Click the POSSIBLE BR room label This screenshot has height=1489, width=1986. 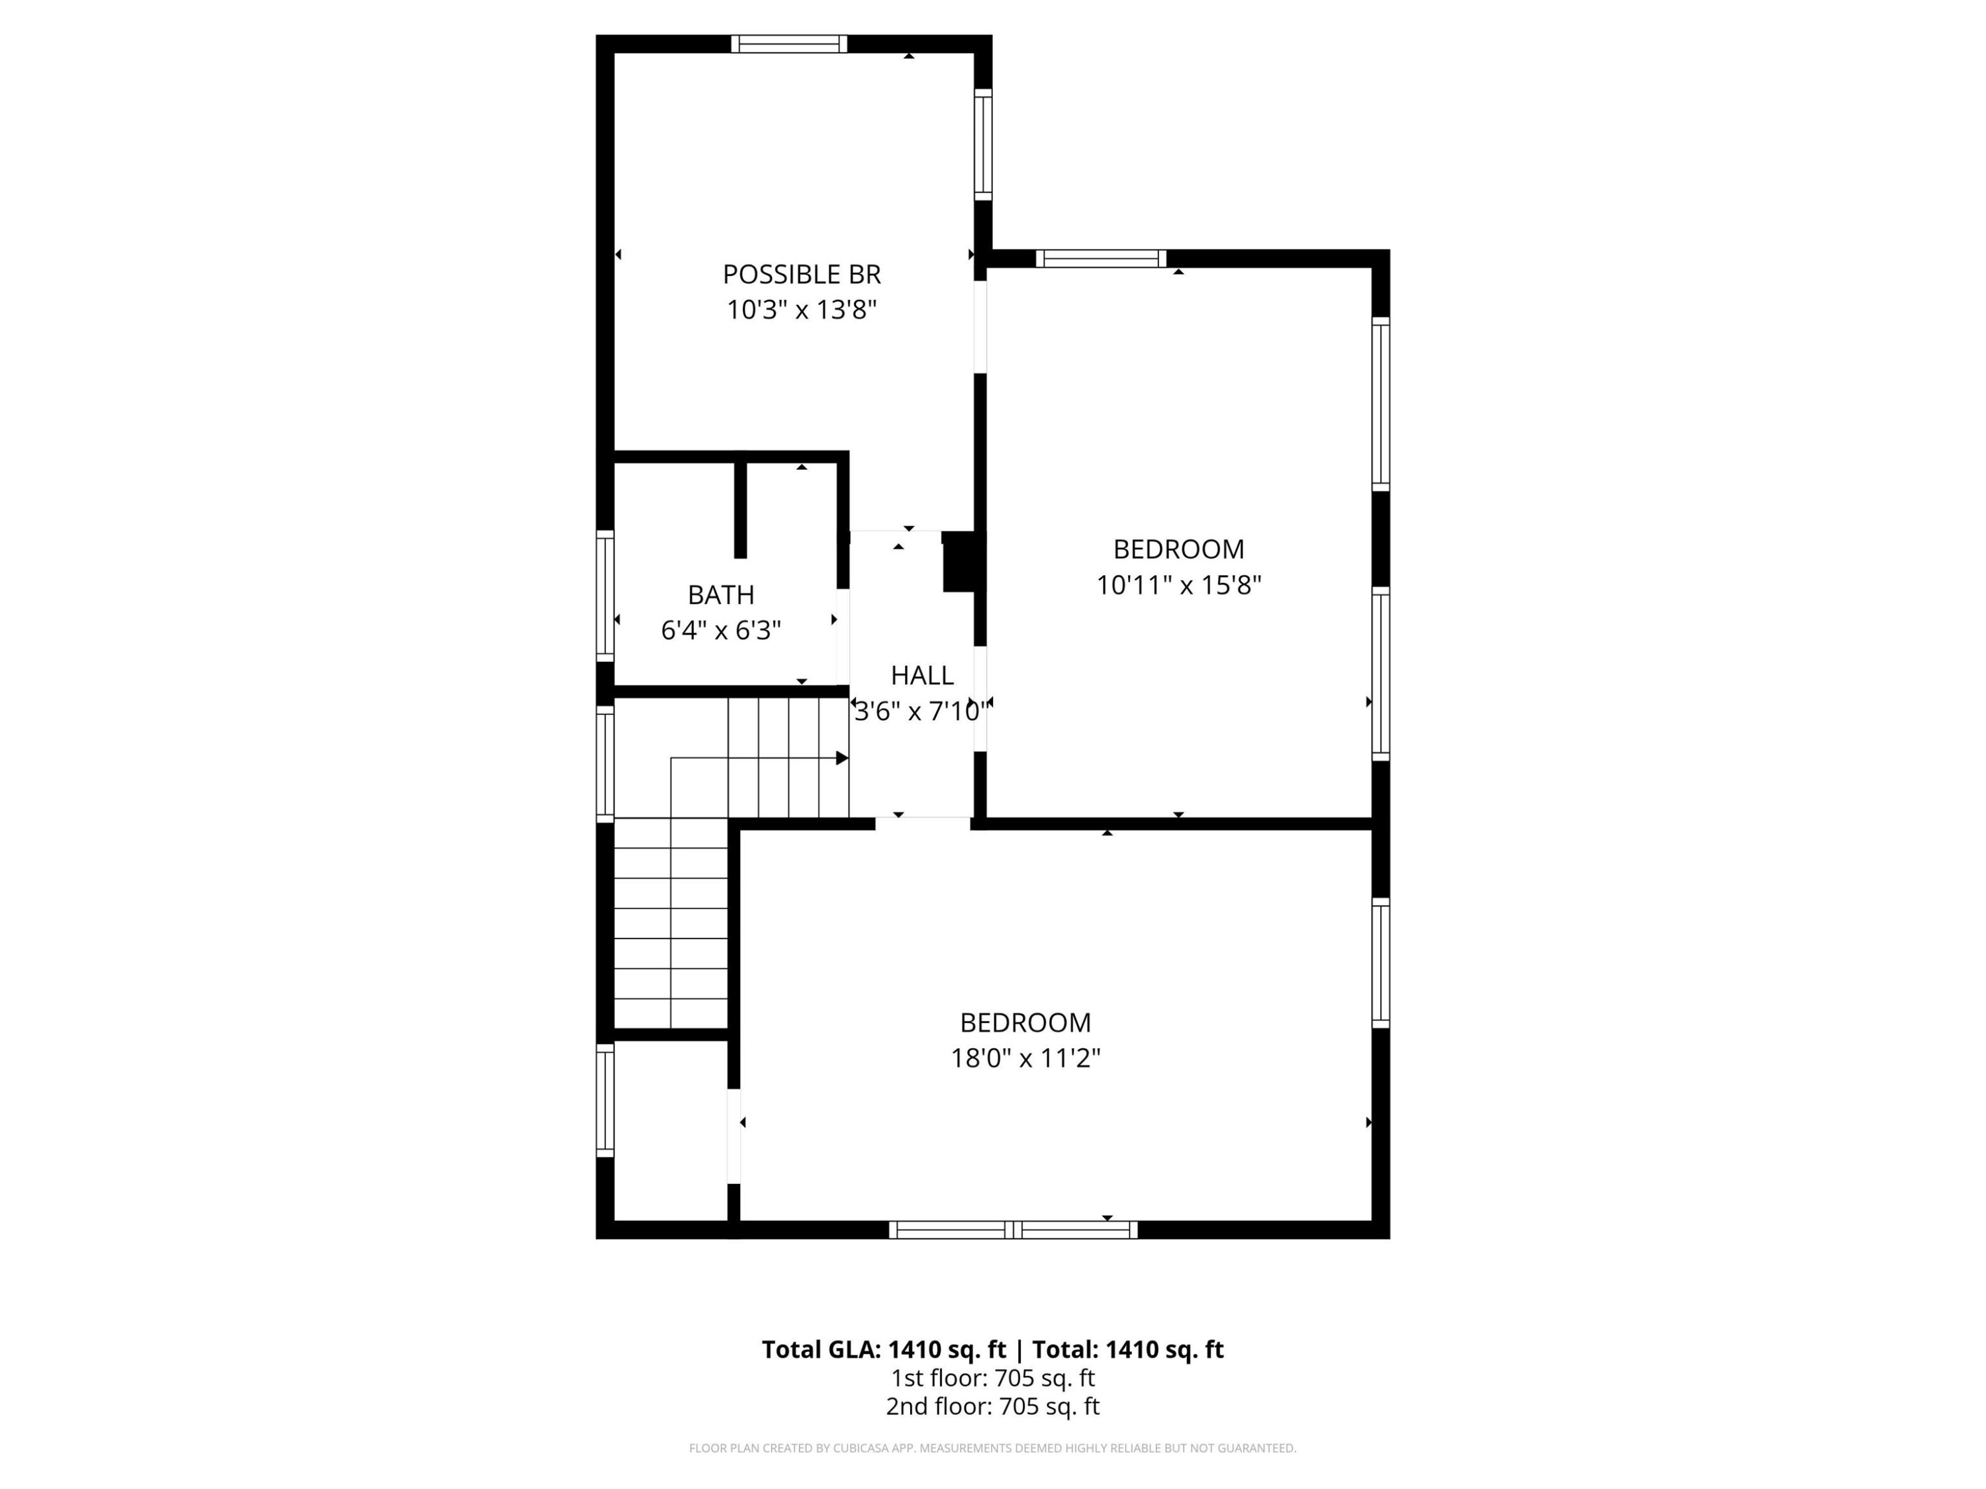click(x=802, y=274)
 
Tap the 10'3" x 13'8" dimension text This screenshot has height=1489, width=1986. click(x=802, y=310)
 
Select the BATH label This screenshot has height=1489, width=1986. click(x=721, y=594)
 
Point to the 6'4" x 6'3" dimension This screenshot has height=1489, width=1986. click(x=721, y=630)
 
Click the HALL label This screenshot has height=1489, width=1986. click(x=922, y=675)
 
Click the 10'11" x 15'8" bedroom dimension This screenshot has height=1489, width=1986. click(x=1179, y=585)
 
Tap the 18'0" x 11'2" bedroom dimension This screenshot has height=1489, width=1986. click(x=1025, y=1058)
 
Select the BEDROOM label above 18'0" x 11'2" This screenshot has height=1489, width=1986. click(x=1025, y=1022)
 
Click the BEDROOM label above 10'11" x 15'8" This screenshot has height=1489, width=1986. click(x=1179, y=549)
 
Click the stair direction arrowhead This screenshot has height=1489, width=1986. click(x=842, y=758)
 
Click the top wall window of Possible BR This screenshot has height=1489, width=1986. click(x=789, y=44)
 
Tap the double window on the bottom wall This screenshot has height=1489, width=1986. click(x=1014, y=1230)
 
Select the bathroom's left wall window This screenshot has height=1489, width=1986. click(x=605, y=596)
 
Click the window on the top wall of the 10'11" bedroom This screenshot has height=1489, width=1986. click(x=1102, y=259)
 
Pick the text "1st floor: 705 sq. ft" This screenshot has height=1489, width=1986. click(x=993, y=1378)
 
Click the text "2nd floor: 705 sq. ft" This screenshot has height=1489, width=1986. click(x=993, y=1406)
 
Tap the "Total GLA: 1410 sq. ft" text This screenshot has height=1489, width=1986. click(x=884, y=1349)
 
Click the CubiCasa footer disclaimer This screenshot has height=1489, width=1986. click(x=993, y=1448)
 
